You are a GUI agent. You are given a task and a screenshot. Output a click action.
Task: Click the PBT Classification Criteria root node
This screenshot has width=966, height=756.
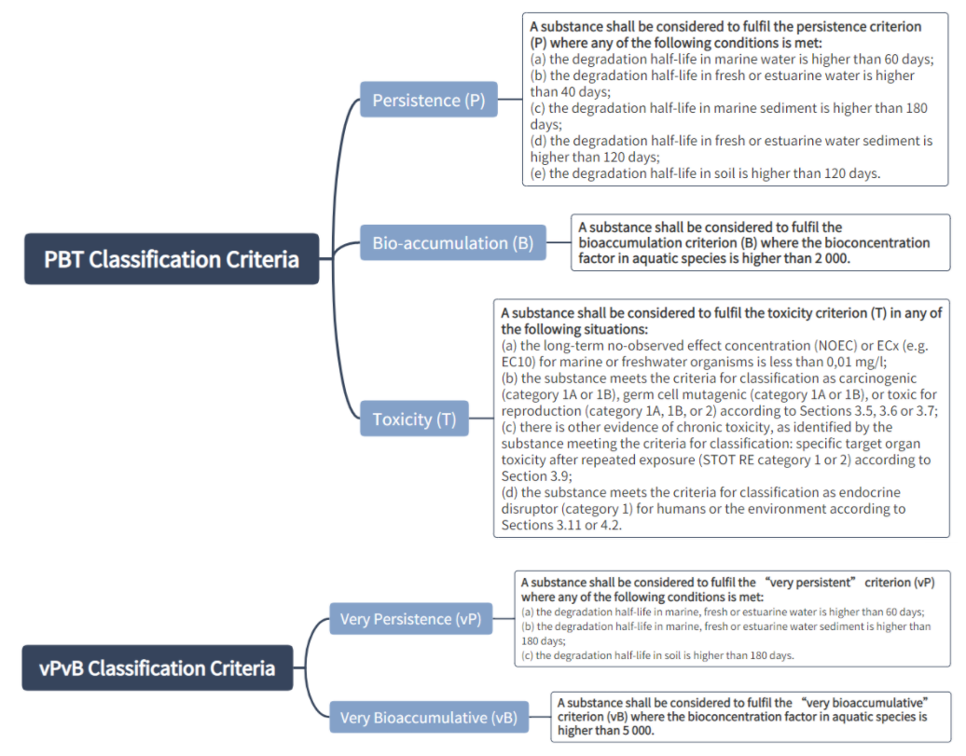[171, 258]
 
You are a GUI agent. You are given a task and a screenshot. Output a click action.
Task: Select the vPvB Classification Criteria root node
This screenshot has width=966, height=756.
[157, 667]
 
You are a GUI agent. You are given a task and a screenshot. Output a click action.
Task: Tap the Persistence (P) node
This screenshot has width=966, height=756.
[428, 100]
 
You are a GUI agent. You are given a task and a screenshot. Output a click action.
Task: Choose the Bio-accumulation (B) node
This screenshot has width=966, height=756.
[452, 243]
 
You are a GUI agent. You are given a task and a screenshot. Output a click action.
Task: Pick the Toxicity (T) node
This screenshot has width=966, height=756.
[414, 419]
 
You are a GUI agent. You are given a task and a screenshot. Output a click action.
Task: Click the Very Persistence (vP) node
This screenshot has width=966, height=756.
[409, 619]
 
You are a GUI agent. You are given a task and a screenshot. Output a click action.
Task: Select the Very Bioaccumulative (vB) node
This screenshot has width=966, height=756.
[428, 718]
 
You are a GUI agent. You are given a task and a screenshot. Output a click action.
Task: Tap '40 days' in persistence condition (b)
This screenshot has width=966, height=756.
[583, 91]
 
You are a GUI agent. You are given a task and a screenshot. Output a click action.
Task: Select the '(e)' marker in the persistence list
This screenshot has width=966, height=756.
[539, 172]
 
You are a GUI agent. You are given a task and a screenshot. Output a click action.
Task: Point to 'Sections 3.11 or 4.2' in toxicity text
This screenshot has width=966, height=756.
[560, 526]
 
